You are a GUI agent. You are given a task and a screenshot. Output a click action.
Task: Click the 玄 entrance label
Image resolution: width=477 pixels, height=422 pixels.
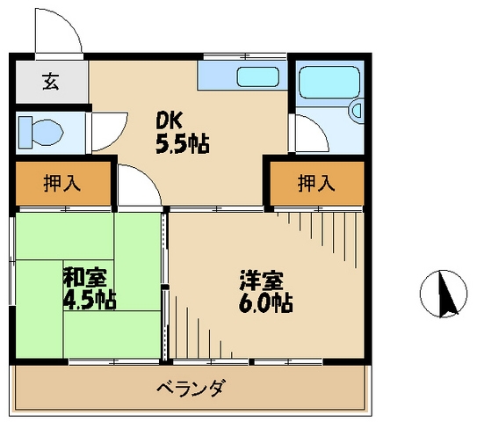(50, 84)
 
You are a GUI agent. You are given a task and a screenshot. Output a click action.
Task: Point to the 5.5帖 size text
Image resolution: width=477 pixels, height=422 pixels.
(182, 143)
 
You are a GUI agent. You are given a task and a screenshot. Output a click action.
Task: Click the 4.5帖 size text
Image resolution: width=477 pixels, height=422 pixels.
(89, 299)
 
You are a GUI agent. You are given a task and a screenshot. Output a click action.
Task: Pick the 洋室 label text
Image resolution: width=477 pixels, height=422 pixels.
(261, 283)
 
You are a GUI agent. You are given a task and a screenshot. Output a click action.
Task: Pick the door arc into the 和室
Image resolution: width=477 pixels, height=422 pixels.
(136, 186)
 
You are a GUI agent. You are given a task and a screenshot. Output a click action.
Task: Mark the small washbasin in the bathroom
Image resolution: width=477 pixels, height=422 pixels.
(354, 111)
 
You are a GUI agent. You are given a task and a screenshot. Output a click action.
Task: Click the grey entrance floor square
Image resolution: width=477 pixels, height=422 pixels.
(50, 84)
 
